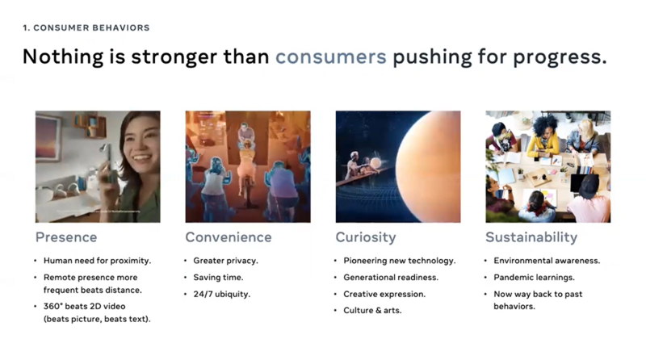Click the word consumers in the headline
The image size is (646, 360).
[x=331, y=57]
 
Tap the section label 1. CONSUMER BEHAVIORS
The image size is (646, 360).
[x=86, y=27]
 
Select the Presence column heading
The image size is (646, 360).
[x=66, y=237]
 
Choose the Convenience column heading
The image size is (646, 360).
[x=229, y=237]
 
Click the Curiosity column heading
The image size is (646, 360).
[x=366, y=237]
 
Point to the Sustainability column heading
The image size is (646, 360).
[x=531, y=237]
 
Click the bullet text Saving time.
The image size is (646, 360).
[x=218, y=278]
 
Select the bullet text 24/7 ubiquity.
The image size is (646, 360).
[x=221, y=294]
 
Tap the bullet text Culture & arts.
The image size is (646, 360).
[x=372, y=310]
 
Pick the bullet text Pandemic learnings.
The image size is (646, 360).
[x=534, y=278]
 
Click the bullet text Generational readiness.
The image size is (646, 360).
[x=391, y=278]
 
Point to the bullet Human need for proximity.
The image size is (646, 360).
[x=97, y=261]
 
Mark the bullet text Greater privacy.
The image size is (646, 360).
[x=225, y=261]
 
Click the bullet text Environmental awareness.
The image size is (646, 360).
[x=547, y=261]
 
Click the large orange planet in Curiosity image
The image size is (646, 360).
[x=429, y=167]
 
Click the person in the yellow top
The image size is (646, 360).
[x=543, y=136]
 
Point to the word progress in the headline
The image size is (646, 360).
[x=560, y=57]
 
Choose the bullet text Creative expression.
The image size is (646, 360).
[x=384, y=294]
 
